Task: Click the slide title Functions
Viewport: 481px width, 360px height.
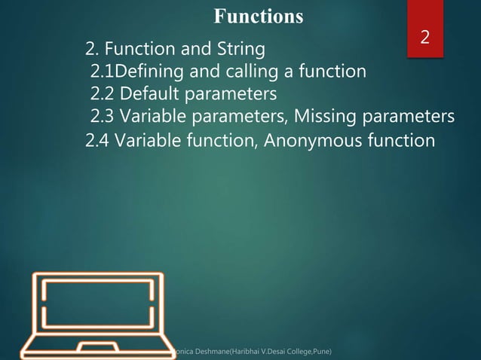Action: point(259,16)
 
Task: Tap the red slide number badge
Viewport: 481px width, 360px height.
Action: point(424,37)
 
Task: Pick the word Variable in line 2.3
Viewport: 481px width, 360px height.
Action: point(155,117)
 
